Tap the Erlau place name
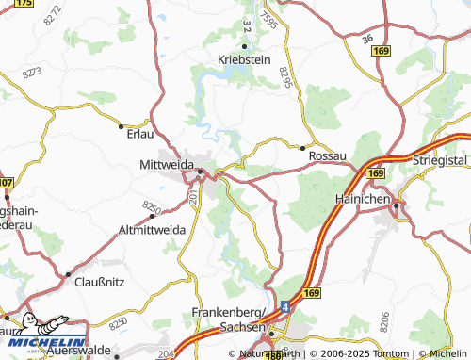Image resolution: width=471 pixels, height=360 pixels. (138, 134)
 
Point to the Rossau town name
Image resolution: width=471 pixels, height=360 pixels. (329, 155)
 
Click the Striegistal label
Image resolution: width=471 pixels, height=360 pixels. (440, 162)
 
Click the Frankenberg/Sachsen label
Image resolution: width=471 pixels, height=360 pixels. (231, 318)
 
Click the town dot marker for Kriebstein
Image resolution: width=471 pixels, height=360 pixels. (244, 46)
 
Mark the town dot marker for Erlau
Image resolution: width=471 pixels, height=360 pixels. (122, 124)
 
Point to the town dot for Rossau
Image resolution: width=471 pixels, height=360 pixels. (301, 147)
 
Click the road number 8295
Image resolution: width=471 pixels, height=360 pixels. (286, 83)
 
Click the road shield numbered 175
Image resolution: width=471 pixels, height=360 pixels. (24, 4)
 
